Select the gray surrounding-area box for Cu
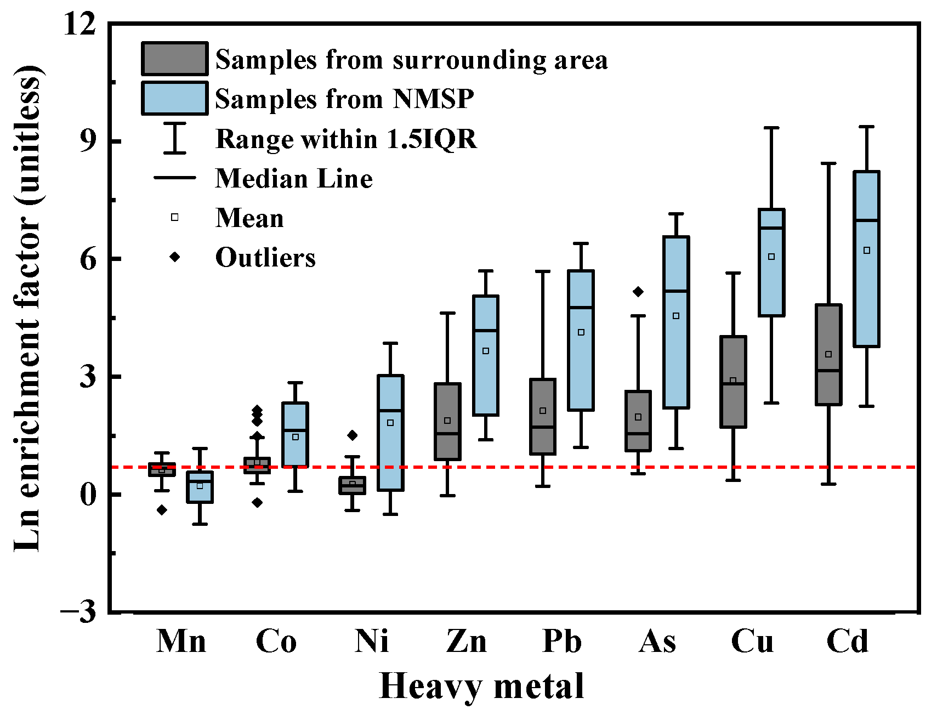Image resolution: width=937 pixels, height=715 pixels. click(x=733, y=406)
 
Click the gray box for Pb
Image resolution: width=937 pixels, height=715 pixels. click(x=543, y=439)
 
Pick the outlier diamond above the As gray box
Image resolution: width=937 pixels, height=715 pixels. click(x=638, y=292)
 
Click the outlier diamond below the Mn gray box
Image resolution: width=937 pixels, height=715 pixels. click(x=162, y=510)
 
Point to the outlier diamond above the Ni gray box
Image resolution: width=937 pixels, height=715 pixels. click(x=353, y=435)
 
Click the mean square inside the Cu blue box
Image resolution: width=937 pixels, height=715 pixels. click(x=771, y=257)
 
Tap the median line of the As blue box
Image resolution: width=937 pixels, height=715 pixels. click(x=676, y=291)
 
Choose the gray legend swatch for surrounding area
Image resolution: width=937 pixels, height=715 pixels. click(x=174, y=59)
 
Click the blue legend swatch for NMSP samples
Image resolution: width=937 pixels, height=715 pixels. click(x=174, y=98)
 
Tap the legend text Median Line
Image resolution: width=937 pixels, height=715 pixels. click(x=294, y=179)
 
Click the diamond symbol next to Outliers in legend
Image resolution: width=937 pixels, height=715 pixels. click(x=175, y=257)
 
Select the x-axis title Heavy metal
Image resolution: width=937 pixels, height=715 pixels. click(x=481, y=685)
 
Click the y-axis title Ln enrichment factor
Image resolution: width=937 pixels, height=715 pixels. click(x=27, y=307)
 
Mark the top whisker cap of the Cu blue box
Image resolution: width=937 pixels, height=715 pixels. click(x=771, y=128)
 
